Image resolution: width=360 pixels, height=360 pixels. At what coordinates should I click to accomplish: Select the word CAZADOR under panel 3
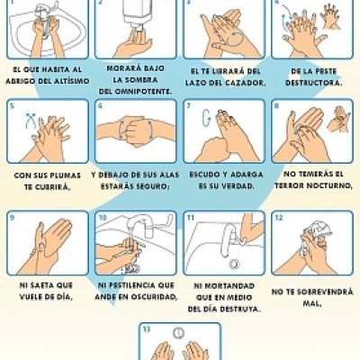pos(246,83)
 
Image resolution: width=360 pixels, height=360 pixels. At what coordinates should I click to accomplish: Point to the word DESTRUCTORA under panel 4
pos(314,83)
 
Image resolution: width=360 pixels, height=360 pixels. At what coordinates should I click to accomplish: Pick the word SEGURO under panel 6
pos(153,186)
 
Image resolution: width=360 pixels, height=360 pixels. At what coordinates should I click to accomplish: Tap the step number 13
pos(146,329)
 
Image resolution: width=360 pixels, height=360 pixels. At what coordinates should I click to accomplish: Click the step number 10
pos(103,218)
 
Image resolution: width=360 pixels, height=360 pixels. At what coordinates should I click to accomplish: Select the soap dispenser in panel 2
pos(138,13)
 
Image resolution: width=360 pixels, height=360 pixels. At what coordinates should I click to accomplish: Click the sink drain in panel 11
pos(234,264)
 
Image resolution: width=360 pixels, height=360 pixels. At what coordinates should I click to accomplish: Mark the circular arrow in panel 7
pos(206,118)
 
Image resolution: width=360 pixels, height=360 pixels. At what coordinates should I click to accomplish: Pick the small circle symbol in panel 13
pos(179,332)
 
